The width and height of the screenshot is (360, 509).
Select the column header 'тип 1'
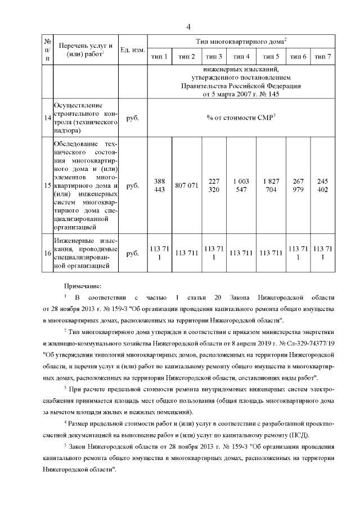tap(159, 56)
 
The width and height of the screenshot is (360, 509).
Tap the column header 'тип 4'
tap(241, 56)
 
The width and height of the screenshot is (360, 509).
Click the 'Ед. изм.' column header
tap(133, 50)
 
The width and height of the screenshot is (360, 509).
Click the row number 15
tap(47, 185)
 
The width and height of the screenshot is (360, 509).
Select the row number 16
tap(47, 253)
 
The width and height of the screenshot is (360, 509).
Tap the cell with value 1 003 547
tap(241, 185)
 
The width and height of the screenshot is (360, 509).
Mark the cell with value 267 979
tap(298, 185)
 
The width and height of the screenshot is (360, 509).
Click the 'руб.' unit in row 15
tap(133, 185)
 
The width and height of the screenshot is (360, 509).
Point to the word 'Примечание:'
tap(82, 286)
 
